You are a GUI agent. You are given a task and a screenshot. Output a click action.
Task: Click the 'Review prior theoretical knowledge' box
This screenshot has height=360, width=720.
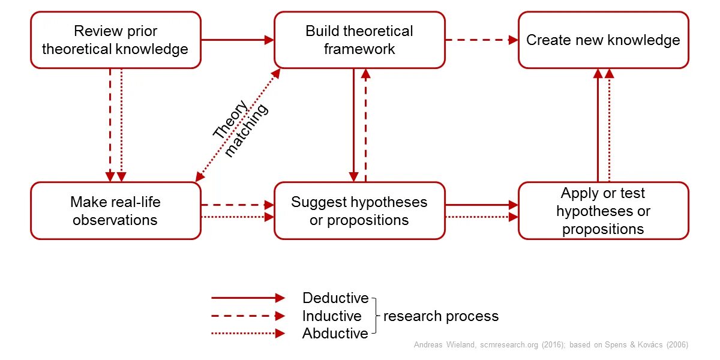115,40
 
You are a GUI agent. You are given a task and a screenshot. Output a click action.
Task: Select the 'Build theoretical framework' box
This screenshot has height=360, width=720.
359,40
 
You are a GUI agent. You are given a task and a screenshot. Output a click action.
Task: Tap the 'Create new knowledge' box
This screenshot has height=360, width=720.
603,40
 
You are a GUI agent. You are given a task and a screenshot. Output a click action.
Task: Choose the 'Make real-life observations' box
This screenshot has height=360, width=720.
115,211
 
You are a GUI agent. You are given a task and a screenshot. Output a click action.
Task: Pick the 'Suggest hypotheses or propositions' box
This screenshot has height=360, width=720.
359,211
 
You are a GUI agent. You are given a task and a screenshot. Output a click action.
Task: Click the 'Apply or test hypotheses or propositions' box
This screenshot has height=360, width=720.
603,211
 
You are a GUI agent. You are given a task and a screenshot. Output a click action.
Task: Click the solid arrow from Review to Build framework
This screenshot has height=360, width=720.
237,40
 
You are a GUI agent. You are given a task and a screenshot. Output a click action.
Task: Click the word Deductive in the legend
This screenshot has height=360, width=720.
335,298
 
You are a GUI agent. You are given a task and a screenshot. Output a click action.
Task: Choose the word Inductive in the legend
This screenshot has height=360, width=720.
332,316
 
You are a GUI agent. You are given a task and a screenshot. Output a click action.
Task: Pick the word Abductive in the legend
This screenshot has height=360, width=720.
335,334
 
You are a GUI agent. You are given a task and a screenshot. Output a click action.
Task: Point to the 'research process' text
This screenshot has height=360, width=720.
441,316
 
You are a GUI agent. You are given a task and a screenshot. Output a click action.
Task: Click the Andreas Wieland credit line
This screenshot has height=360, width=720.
551,345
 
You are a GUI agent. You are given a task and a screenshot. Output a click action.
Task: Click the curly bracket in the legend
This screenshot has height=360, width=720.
376,316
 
